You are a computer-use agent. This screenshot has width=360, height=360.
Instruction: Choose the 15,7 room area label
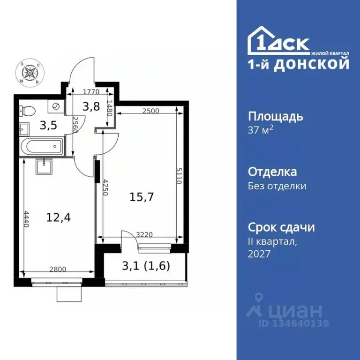pyautogui.click(x=139, y=197)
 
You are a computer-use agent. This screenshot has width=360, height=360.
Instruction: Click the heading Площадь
pyautogui.click(x=275, y=116)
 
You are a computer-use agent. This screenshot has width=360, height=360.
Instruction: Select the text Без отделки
pyautogui.click(x=277, y=186)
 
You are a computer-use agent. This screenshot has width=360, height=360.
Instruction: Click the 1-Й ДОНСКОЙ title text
pyautogui.click(x=298, y=64)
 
